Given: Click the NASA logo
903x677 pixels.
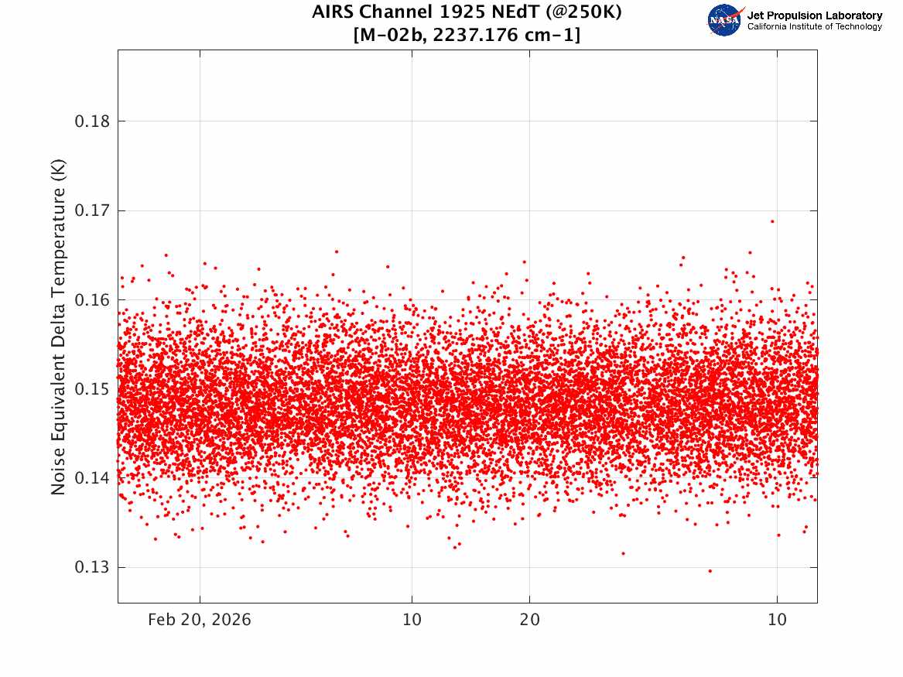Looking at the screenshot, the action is pyautogui.click(x=725, y=20).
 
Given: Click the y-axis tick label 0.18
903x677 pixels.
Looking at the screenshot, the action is pyautogui.click(x=92, y=121).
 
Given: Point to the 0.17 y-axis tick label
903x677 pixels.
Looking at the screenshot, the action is pyautogui.click(x=92, y=210).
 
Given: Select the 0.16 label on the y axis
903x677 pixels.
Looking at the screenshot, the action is pyautogui.click(x=92, y=300).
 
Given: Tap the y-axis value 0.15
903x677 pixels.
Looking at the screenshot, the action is pyautogui.click(x=92, y=389).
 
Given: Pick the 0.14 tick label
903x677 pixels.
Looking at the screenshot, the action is pyautogui.click(x=92, y=478).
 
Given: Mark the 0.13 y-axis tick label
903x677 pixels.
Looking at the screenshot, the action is pyautogui.click(x=92, y=568).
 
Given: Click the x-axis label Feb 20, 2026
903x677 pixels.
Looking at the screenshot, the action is pyautogui.click(x=200, y=620).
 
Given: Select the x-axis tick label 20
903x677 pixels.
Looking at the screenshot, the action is pyautogui.click(x=530, y=620).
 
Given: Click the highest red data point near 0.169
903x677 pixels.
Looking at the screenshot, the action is pyautogui.click(x=772, y=221).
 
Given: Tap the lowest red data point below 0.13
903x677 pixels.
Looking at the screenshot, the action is pyautogui.click(x=710, y=571).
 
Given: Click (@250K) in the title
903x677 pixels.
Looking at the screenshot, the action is pyautogui.click(x=583, y=12).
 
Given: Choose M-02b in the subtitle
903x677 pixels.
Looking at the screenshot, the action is pyautogui.click(x=391, y=36).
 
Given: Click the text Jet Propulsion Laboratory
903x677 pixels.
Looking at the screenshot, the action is pyautogui.click(x=815, y=15).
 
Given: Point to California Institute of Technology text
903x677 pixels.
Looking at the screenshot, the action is pyautogui.click(x=815, y=26).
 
